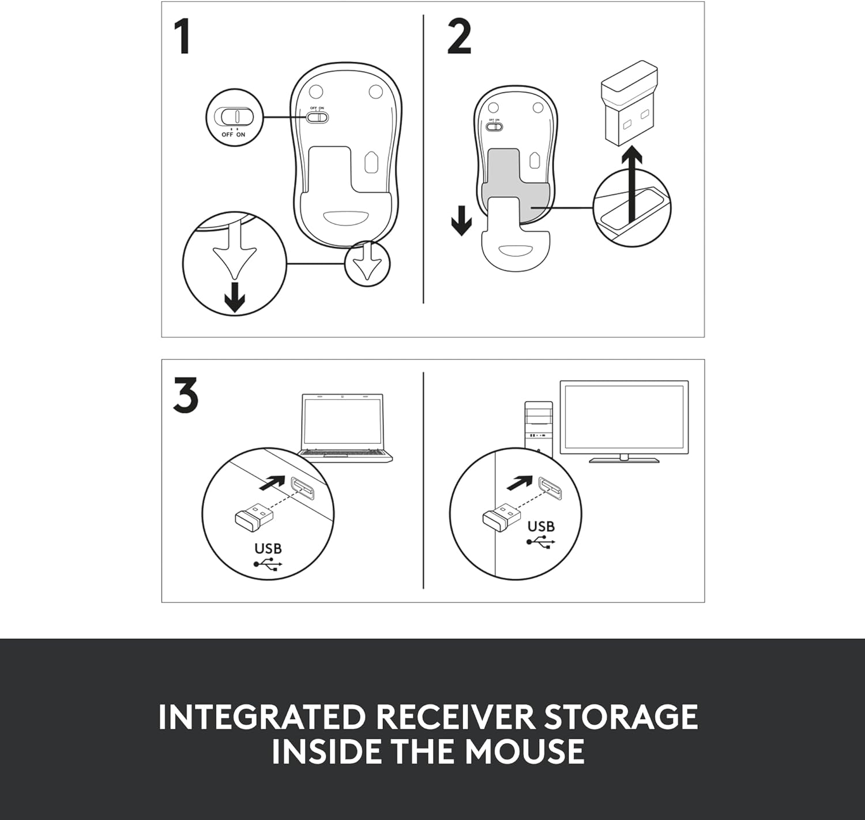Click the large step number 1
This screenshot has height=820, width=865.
pyautogui.click(x=182, y=36)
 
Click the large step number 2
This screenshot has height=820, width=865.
pyautogui.click(x=460, y=36)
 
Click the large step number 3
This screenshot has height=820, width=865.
pyautogui.click(x=186, y=395)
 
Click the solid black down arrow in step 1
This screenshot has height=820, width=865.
pyautogui.click(x=235, y=297)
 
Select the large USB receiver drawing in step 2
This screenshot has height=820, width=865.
pyautogui.click(x=629, y=106)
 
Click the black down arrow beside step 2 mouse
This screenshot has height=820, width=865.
pyautogui.click(x=461, y=220)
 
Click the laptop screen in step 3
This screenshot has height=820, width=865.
pyautogui.click(x=343, y=422)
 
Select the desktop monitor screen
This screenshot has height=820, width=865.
pyautogui.click(x=624, y=417)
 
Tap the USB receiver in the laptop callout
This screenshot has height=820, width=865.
pyautogui.click(x=254, y=515)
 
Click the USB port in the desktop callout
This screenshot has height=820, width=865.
pyautogui.click(x=550, y=488)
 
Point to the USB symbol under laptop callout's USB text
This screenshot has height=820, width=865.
pyautogui.click(x=268, y=564)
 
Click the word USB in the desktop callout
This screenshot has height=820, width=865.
pyautogui.click(x=541, y=526)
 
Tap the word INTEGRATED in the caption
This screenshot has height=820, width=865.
pyautogui.click(x=262, y=717)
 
